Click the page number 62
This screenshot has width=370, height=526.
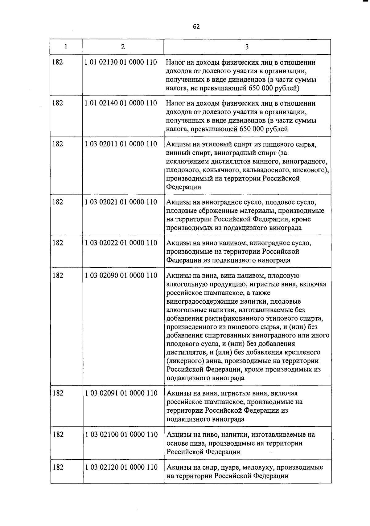click(x=196, y=27)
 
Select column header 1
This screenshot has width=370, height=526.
click(x=66, y=47)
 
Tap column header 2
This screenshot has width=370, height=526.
click(x=123, y=47)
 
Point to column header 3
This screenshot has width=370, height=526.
click(x=247, y=47)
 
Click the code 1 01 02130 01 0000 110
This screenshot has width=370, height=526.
click(x=121, y=62)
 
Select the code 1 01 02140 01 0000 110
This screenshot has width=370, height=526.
click(x=121, y=103)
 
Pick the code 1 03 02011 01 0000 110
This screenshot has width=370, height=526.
click(x=121, y=144)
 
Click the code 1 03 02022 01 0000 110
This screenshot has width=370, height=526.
click(x=121, y=243)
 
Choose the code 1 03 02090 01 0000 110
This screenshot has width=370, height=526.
click(x=121, y=275)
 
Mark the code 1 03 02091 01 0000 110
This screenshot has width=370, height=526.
click(x=121, y=393)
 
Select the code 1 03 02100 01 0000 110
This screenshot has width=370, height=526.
click(x=121, y=434)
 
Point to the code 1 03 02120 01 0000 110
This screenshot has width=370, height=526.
click(x=121, y=467)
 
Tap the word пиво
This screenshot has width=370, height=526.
click(x=211, y=435)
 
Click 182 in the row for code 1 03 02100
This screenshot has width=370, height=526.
click(x=58, y=434)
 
